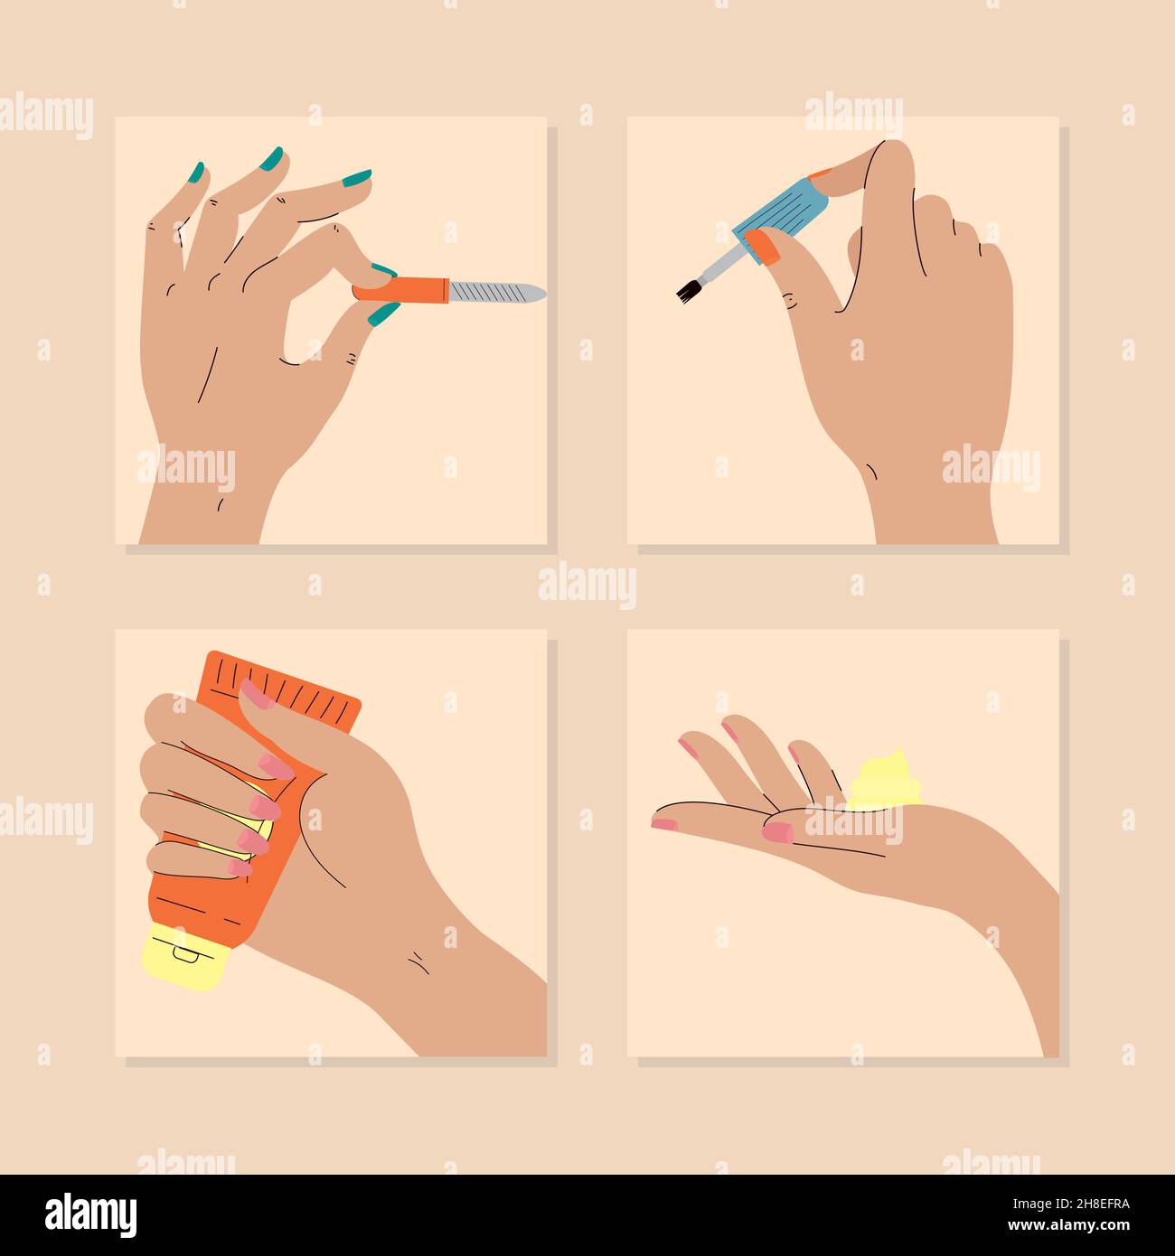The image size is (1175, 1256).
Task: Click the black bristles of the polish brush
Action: (x=689, y=289)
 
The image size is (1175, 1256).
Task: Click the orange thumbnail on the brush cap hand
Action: (x=765, y=246)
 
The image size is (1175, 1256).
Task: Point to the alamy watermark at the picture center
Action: (x=587, y=586)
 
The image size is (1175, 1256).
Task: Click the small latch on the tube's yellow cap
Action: (x=184, y=951)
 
